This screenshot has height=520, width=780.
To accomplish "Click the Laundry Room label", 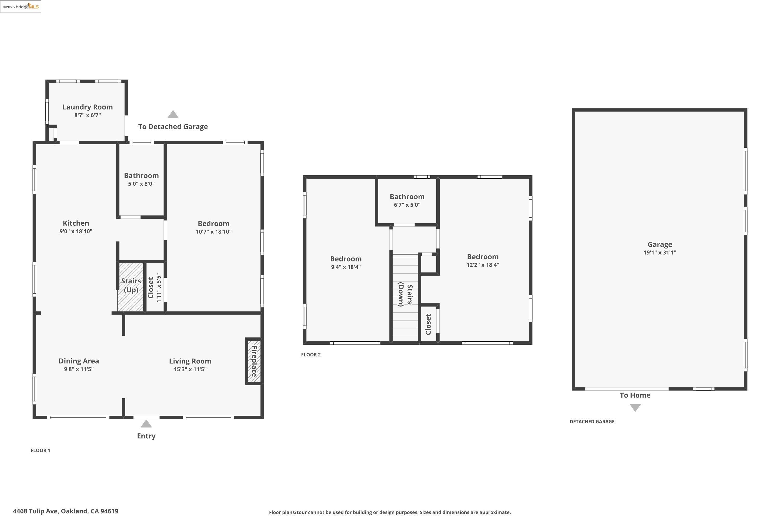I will coord(88,107).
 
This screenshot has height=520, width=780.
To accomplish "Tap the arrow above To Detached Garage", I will coord(173,115).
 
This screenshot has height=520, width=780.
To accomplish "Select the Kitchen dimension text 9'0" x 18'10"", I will coord(76,231).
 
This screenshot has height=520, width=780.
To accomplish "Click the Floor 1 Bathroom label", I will coord(141,176).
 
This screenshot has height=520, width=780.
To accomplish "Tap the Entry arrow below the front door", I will coord(146,424).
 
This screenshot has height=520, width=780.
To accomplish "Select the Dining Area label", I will coord(79,361).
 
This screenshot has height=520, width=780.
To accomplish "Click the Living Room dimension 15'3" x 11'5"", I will coord(190,369).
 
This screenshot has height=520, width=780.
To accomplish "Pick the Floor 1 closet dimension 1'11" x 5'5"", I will coord(159,288).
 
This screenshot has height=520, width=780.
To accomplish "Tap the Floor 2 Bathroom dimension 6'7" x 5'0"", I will coord(407,205).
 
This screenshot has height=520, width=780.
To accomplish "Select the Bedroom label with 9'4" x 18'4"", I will coord(346,259).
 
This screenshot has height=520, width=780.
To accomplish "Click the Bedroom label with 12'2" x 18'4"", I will coord(483,257).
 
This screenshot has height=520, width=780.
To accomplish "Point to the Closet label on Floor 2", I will coord(428,324).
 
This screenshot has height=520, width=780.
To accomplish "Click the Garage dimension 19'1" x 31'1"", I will coord(660,253).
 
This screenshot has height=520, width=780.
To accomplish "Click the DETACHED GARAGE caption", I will coord(592,421).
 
